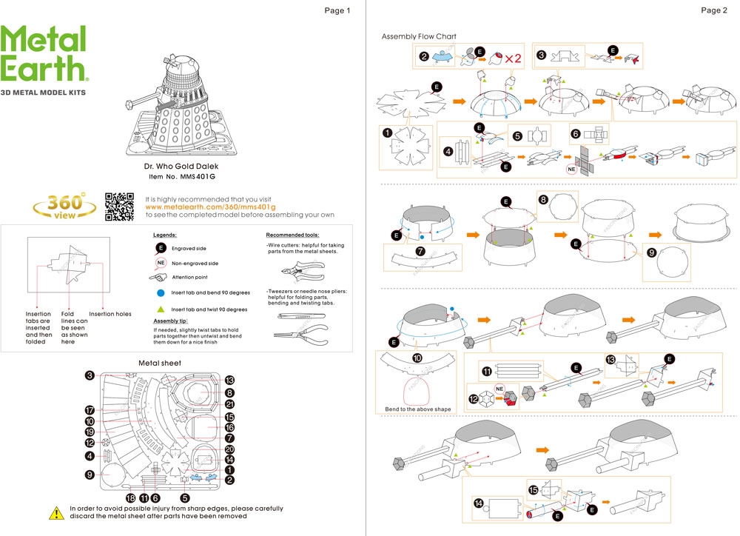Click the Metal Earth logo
[x=44, y=55]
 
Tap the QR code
[x=119, y=206]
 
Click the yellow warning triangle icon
[x=56, y=512]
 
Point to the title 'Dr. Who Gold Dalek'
[x=181, y=167]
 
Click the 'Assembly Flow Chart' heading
[x=419, y=36]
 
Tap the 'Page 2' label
[x=713, y=10]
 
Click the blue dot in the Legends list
[x=160, y=293]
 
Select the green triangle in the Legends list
[x=160, y=309]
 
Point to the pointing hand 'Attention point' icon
[x=160, y=278]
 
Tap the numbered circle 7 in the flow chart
[x=420, y=251]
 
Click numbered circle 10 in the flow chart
[x=417, y=358]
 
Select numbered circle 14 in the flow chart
[x=478, y=503]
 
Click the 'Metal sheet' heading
[x=160, y=363]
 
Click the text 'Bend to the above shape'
[x=417, y=409]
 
